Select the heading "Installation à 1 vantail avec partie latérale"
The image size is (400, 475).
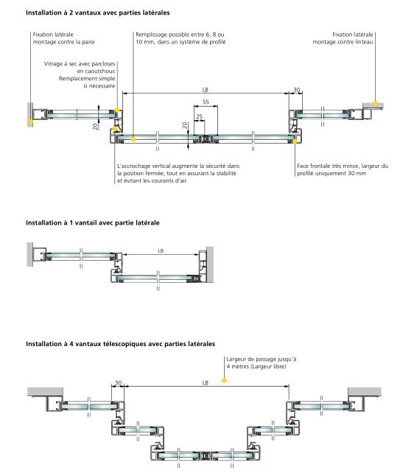coord(93,222)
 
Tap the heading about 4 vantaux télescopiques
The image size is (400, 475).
coord(120,344)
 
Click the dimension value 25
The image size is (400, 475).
coord(199,116)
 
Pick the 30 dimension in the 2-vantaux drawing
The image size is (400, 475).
coord(297,90)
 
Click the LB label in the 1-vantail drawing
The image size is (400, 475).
coord(161,250)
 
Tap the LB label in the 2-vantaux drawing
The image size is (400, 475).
coord(205,90)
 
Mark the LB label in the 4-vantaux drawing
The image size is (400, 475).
coord(205,383)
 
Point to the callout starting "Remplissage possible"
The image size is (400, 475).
coord(180,38)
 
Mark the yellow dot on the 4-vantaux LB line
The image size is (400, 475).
coord(228,381)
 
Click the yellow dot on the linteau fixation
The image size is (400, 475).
coord(376,102)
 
